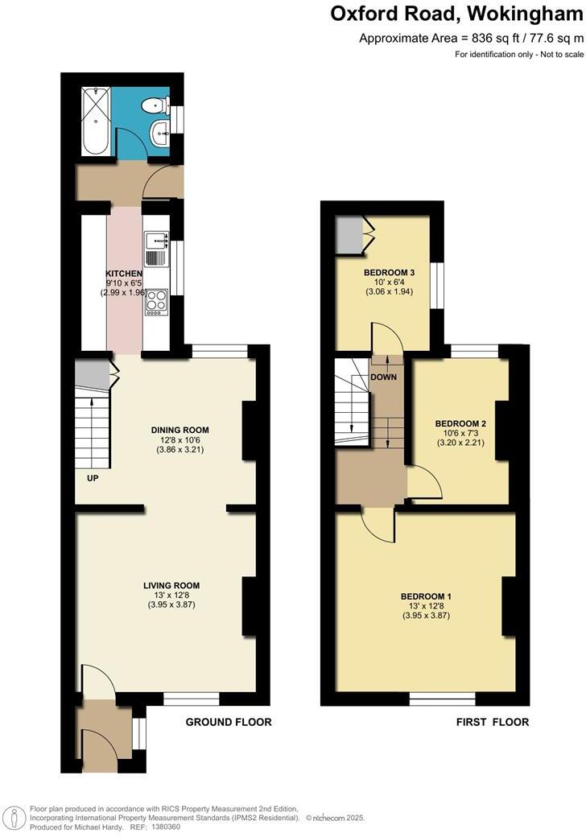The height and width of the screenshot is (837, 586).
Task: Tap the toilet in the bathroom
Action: [x=155, y=106]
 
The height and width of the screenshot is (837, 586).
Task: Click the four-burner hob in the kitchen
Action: [x=156, y=300]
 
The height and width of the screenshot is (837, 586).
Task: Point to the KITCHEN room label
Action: [x=124, y=274]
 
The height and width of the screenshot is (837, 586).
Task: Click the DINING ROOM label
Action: [x=180, y=430]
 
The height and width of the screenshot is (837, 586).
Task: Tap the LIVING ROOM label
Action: [x=171, y=585]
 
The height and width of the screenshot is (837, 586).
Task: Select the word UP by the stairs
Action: [x=93, y=477]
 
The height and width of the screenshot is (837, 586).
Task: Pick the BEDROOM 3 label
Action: [x=389, y=273]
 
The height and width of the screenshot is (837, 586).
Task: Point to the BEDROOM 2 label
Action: [x=460, y=423]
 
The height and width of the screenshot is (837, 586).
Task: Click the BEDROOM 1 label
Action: [x=426, y=596]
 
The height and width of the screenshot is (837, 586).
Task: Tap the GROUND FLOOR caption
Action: [x=229, y=722]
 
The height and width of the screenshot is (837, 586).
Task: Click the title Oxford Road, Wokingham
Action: [x=457, y=14]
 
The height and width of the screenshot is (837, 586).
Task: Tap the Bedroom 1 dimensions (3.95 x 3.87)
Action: [x=426, y=616]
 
